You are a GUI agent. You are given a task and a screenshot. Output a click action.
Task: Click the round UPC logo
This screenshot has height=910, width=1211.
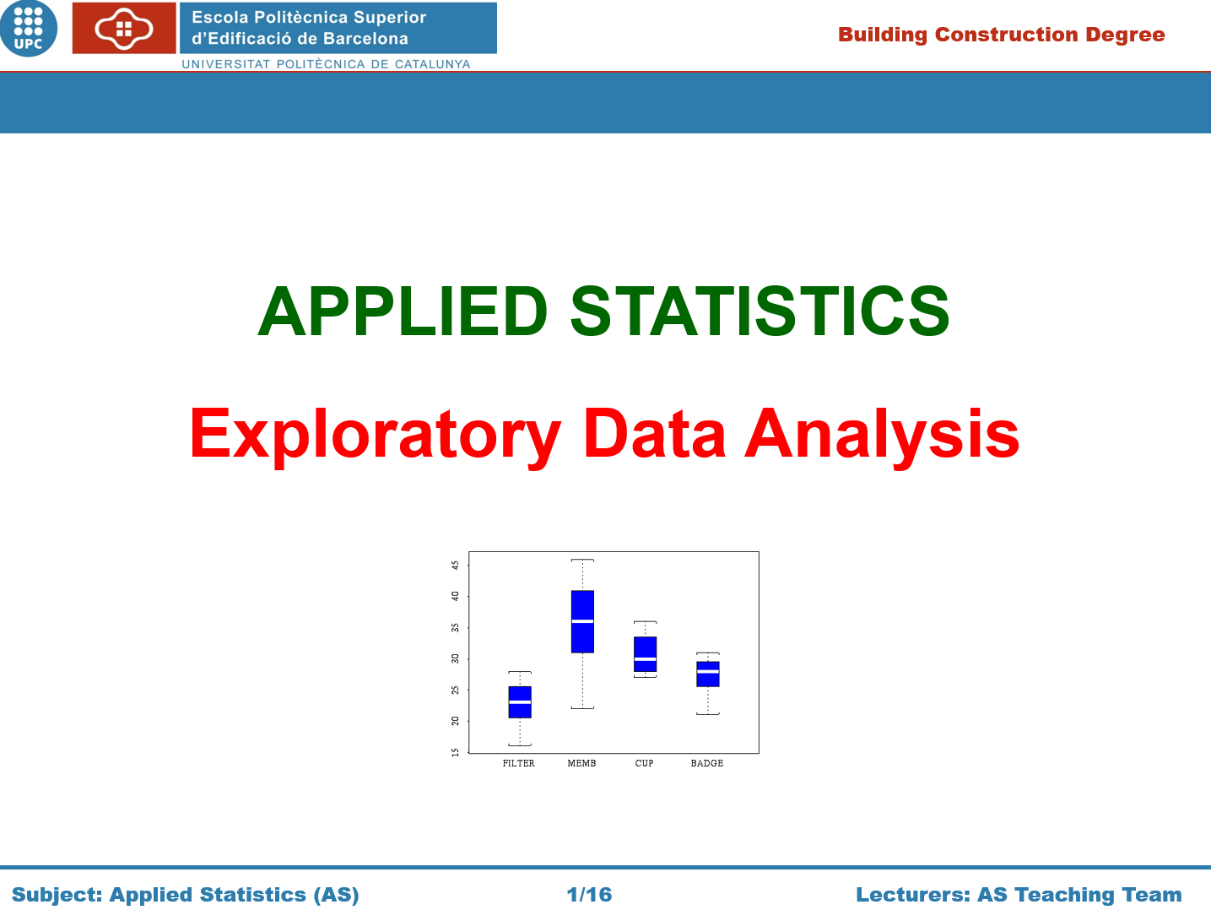pyautogui.click(x=28, y=28)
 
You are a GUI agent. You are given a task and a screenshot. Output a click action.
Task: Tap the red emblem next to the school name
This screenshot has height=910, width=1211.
pyautogui.click(x=124, y=28)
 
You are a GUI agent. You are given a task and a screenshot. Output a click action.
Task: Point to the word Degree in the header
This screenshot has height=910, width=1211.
pyautogui.click(x=1125, y=35)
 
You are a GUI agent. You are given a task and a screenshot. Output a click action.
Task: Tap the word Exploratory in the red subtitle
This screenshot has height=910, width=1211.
pyautogui.click(x=376, y=436)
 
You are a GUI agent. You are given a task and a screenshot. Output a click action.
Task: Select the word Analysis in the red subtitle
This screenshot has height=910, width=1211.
pyautogui.click(x=882, y=436)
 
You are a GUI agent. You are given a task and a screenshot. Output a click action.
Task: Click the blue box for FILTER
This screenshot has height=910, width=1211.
pyautogui.click(x=520, y=702)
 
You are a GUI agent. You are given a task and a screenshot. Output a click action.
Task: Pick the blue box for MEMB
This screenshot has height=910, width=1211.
pyautogui.click(x=582, y=621)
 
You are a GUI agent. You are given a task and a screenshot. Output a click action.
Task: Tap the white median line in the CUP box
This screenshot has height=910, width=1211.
pyautogui.click(x=645, y=659)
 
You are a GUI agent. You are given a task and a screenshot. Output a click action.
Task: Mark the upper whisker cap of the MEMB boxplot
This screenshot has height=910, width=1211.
pyautogui.click(x=582, y=560)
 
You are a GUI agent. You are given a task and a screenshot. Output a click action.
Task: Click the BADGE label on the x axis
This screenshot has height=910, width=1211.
pyautogui.click(x=706, y=763)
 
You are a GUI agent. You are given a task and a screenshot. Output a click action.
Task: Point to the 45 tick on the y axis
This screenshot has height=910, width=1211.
pyautogui.click(x=455, y=565)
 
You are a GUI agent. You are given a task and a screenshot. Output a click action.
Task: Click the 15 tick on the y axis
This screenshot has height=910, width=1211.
pyautogui.click(x=455, y=752)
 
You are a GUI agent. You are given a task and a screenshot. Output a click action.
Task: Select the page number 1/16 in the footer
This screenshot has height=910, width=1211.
pyautogui.click(x=589, y=895)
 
